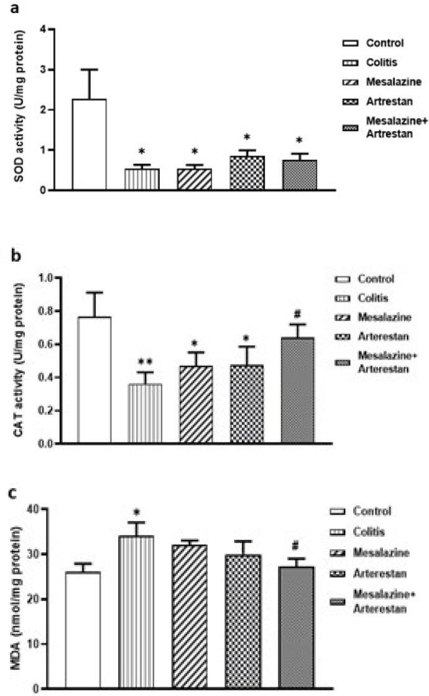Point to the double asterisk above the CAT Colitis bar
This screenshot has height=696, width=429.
coord(145,362)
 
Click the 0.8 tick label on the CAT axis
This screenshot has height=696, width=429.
coord(48,311)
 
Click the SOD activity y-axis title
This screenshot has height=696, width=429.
coord(22,108)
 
